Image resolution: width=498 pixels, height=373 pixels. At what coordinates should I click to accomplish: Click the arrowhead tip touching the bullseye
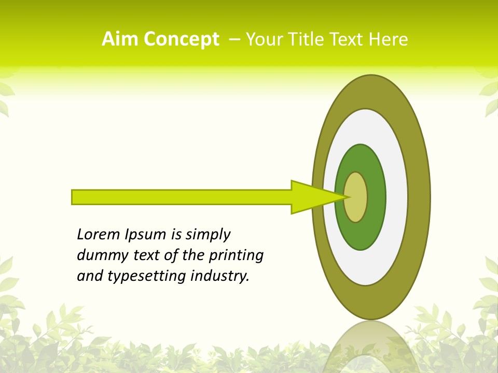(343, 197)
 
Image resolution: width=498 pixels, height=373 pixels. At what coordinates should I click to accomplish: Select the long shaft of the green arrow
(182, 197)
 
